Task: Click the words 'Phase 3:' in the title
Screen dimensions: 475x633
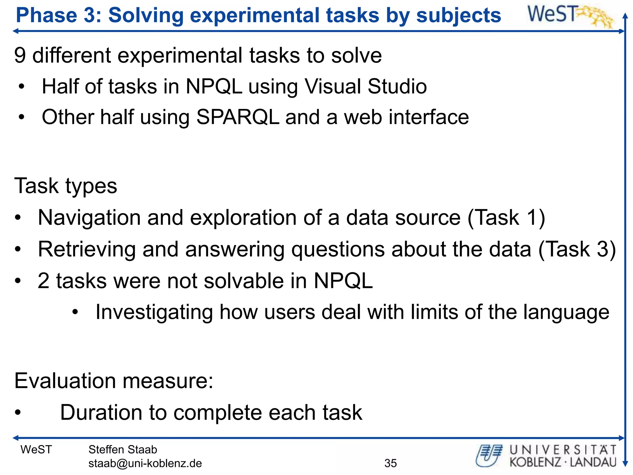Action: (59, 15)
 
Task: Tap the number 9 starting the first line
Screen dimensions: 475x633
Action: (20, 56)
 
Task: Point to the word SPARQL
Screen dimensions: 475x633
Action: (237, 117)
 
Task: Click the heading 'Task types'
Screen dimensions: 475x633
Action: (66, 186)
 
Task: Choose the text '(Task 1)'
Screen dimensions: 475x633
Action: (506, 218)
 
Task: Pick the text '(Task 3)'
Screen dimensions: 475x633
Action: (577, 249)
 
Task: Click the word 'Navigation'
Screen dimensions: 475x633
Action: (89, 218)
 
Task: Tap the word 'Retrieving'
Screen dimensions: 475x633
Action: (87, 249)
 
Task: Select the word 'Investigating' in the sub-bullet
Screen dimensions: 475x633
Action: (154, 312)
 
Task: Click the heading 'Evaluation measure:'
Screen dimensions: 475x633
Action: (114, 381)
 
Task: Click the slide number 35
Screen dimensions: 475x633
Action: (390, 463)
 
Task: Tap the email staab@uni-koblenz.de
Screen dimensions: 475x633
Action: (145, 463)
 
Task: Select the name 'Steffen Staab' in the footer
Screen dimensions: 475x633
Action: (123, 450)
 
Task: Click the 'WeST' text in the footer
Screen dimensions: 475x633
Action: (36, 450)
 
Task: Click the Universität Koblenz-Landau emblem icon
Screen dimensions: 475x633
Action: (489, 455)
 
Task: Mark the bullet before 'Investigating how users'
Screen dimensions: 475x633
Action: (75, 313)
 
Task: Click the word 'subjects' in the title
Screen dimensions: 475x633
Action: (458, 15)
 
